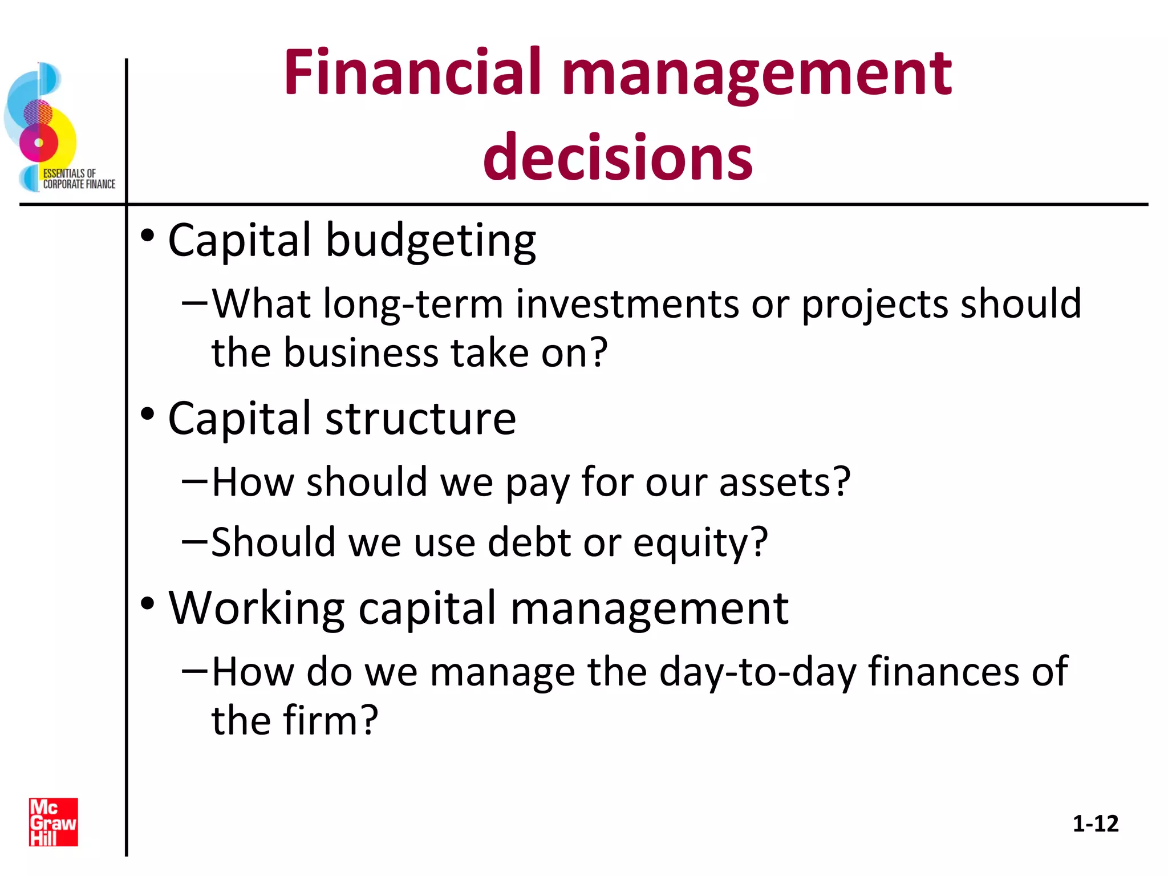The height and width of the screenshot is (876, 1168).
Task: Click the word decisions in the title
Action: pyautogui.click(x=618, y=157)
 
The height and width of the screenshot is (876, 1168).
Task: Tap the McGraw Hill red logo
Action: pyautogui.click(x=54, y=822)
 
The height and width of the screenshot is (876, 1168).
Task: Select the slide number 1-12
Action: pyautogui.click(x=1095, y=824)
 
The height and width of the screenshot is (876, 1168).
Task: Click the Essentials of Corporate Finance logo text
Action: pyautogui.click(x=79, y=179)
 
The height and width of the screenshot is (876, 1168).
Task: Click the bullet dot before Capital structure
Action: pyautogui.click(x=148, y=414)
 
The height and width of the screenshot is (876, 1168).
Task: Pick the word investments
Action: pyautogui.click(x=627, y=303)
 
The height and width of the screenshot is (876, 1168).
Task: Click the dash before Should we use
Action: pyautogui.click(x=194, y=540)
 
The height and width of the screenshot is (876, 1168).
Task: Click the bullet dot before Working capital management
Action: pyautogui.click(x=148, y=603)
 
